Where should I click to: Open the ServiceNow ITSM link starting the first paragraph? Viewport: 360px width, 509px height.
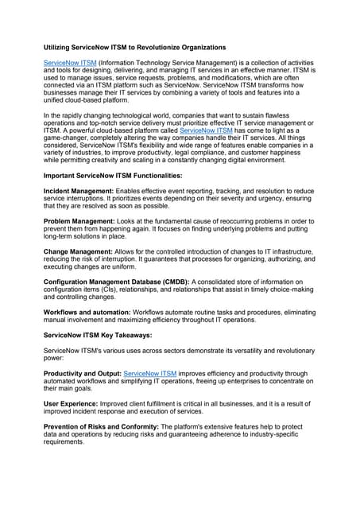coord(69,62)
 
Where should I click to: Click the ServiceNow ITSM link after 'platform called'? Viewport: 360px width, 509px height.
coord(206,130)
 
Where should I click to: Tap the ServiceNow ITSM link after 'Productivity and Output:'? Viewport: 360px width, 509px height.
coord(151,372)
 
